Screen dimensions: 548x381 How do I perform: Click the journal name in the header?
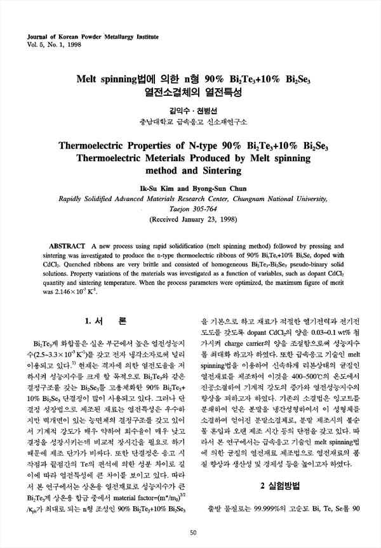pos(84,37)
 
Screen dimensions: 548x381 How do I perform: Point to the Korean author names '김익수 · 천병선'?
pos(191,109)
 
